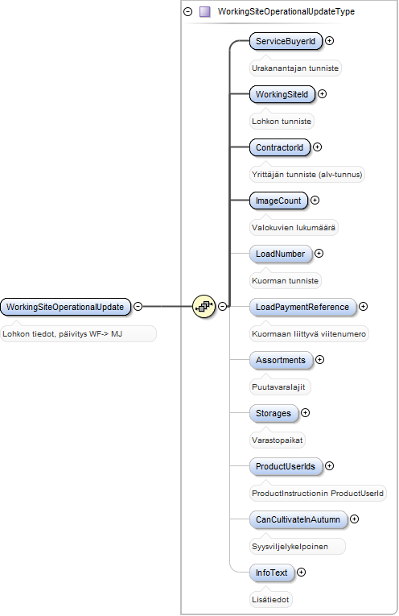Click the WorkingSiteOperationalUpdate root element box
pyautogui.click(x=65, y=307)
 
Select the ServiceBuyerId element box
pyautogui.click(x=286, y=41)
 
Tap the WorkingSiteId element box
pyautogui.click(x=282, y=94)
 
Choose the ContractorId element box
pyautogui.click(x=280, y=147)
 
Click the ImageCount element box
pyautogui.click(x=278, y=201)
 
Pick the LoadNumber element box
pyautogui.click(x=281, y=254)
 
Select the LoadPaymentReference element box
pyautogui.click(x=302, y=307)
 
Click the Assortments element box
pyautogui.click(x=281, y=360)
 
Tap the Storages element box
pyautogui.click(x=274, y=413)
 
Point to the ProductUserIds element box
pyautogui.click(x=286, y=466)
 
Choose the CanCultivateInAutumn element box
pyautogui.click(x=298, y=519)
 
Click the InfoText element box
pyautogui.click(x=271, y=573)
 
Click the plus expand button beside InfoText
pyautogui.click(x=302, y=572)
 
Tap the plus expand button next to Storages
pyautogui.click(x=305, y=412)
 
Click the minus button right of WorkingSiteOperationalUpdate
pyautogui.click(x=138, y=306)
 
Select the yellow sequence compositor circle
pyautogui.click(x=204, y=307)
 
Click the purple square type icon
pyautogui.click(x=205, y=12)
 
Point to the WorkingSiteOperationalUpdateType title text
pyautogui.click(x=286, y=11)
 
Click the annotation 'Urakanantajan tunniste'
pyautogui.click(x=295, y=68)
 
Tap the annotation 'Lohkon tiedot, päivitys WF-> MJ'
pyautogui.click(x=63, y=334)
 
